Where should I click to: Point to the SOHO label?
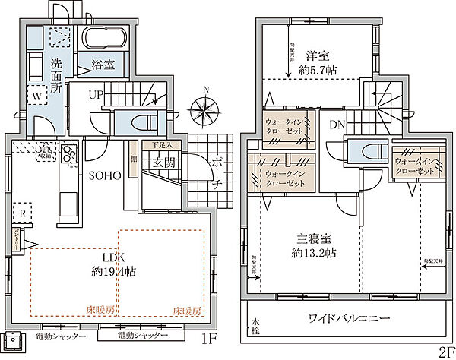[x=106, y=175]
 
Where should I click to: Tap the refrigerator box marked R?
[x=23, y=213]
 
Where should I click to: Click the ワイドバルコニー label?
[x=350, y=317]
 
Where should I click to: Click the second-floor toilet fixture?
[x=363, y=150]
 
